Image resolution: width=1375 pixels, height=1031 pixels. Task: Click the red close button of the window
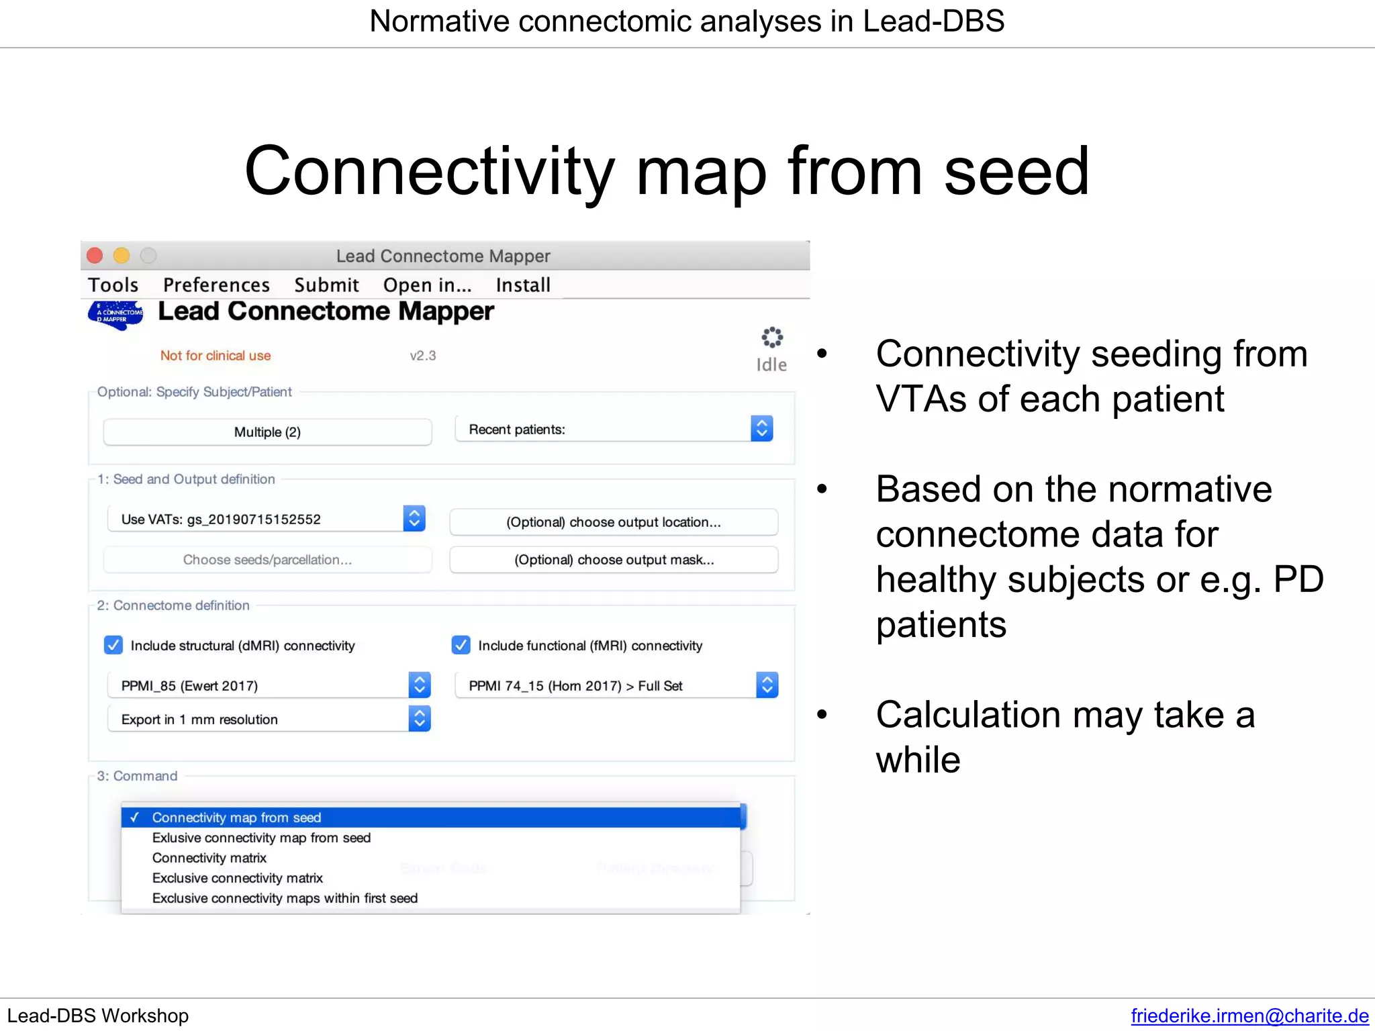(x=95, y=256)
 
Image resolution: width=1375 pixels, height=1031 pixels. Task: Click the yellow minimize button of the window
(x=122, y=256)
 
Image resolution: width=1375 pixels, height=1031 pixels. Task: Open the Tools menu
(x=113, y=285)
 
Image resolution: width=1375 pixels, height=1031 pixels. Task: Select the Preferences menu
(x=216, y=285)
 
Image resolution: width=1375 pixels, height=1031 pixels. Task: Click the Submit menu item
(x=326, y=285)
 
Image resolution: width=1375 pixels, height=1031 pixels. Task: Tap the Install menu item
(x=523, y=285)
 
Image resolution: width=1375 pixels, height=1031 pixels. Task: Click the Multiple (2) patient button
(x=267, y=432)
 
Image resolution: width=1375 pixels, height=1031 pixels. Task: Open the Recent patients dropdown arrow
(x=761, y=429)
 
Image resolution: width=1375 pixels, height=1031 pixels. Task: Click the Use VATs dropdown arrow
(x=414, y=519)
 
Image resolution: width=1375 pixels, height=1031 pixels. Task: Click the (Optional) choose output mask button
(x=614, y=560)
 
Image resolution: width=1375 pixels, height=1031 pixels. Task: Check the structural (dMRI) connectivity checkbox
(x=113, y=646)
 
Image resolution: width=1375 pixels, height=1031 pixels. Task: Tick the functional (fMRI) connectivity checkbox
(x=461, y=646)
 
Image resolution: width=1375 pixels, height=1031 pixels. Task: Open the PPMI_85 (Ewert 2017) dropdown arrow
(x=420, y=685)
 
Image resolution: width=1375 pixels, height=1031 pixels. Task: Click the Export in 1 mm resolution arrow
(x=420, y=719)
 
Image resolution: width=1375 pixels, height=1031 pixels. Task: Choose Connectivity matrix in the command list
(x=209, y=858)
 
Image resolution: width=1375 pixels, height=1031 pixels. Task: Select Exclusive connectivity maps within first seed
(x=285, y=898)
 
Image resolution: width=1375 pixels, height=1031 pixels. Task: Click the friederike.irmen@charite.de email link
(x=1249, y=1016)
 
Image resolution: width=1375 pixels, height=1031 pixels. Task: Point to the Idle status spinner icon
(x=772, y=338)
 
